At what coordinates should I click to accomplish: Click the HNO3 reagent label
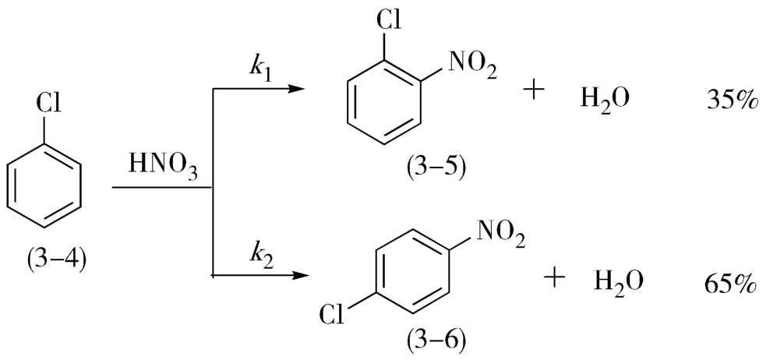pyautogui.click(x=162, y=166)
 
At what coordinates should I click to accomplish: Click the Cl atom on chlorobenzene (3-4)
pyautogui.click(x=50, y=104)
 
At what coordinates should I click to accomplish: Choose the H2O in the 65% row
pyautogui.click(x=619, y=281)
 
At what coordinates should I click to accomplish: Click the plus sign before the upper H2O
pyautogui.click(x=535, y=91)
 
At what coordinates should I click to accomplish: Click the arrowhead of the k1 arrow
pyautogui.click(x=296, y=88)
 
